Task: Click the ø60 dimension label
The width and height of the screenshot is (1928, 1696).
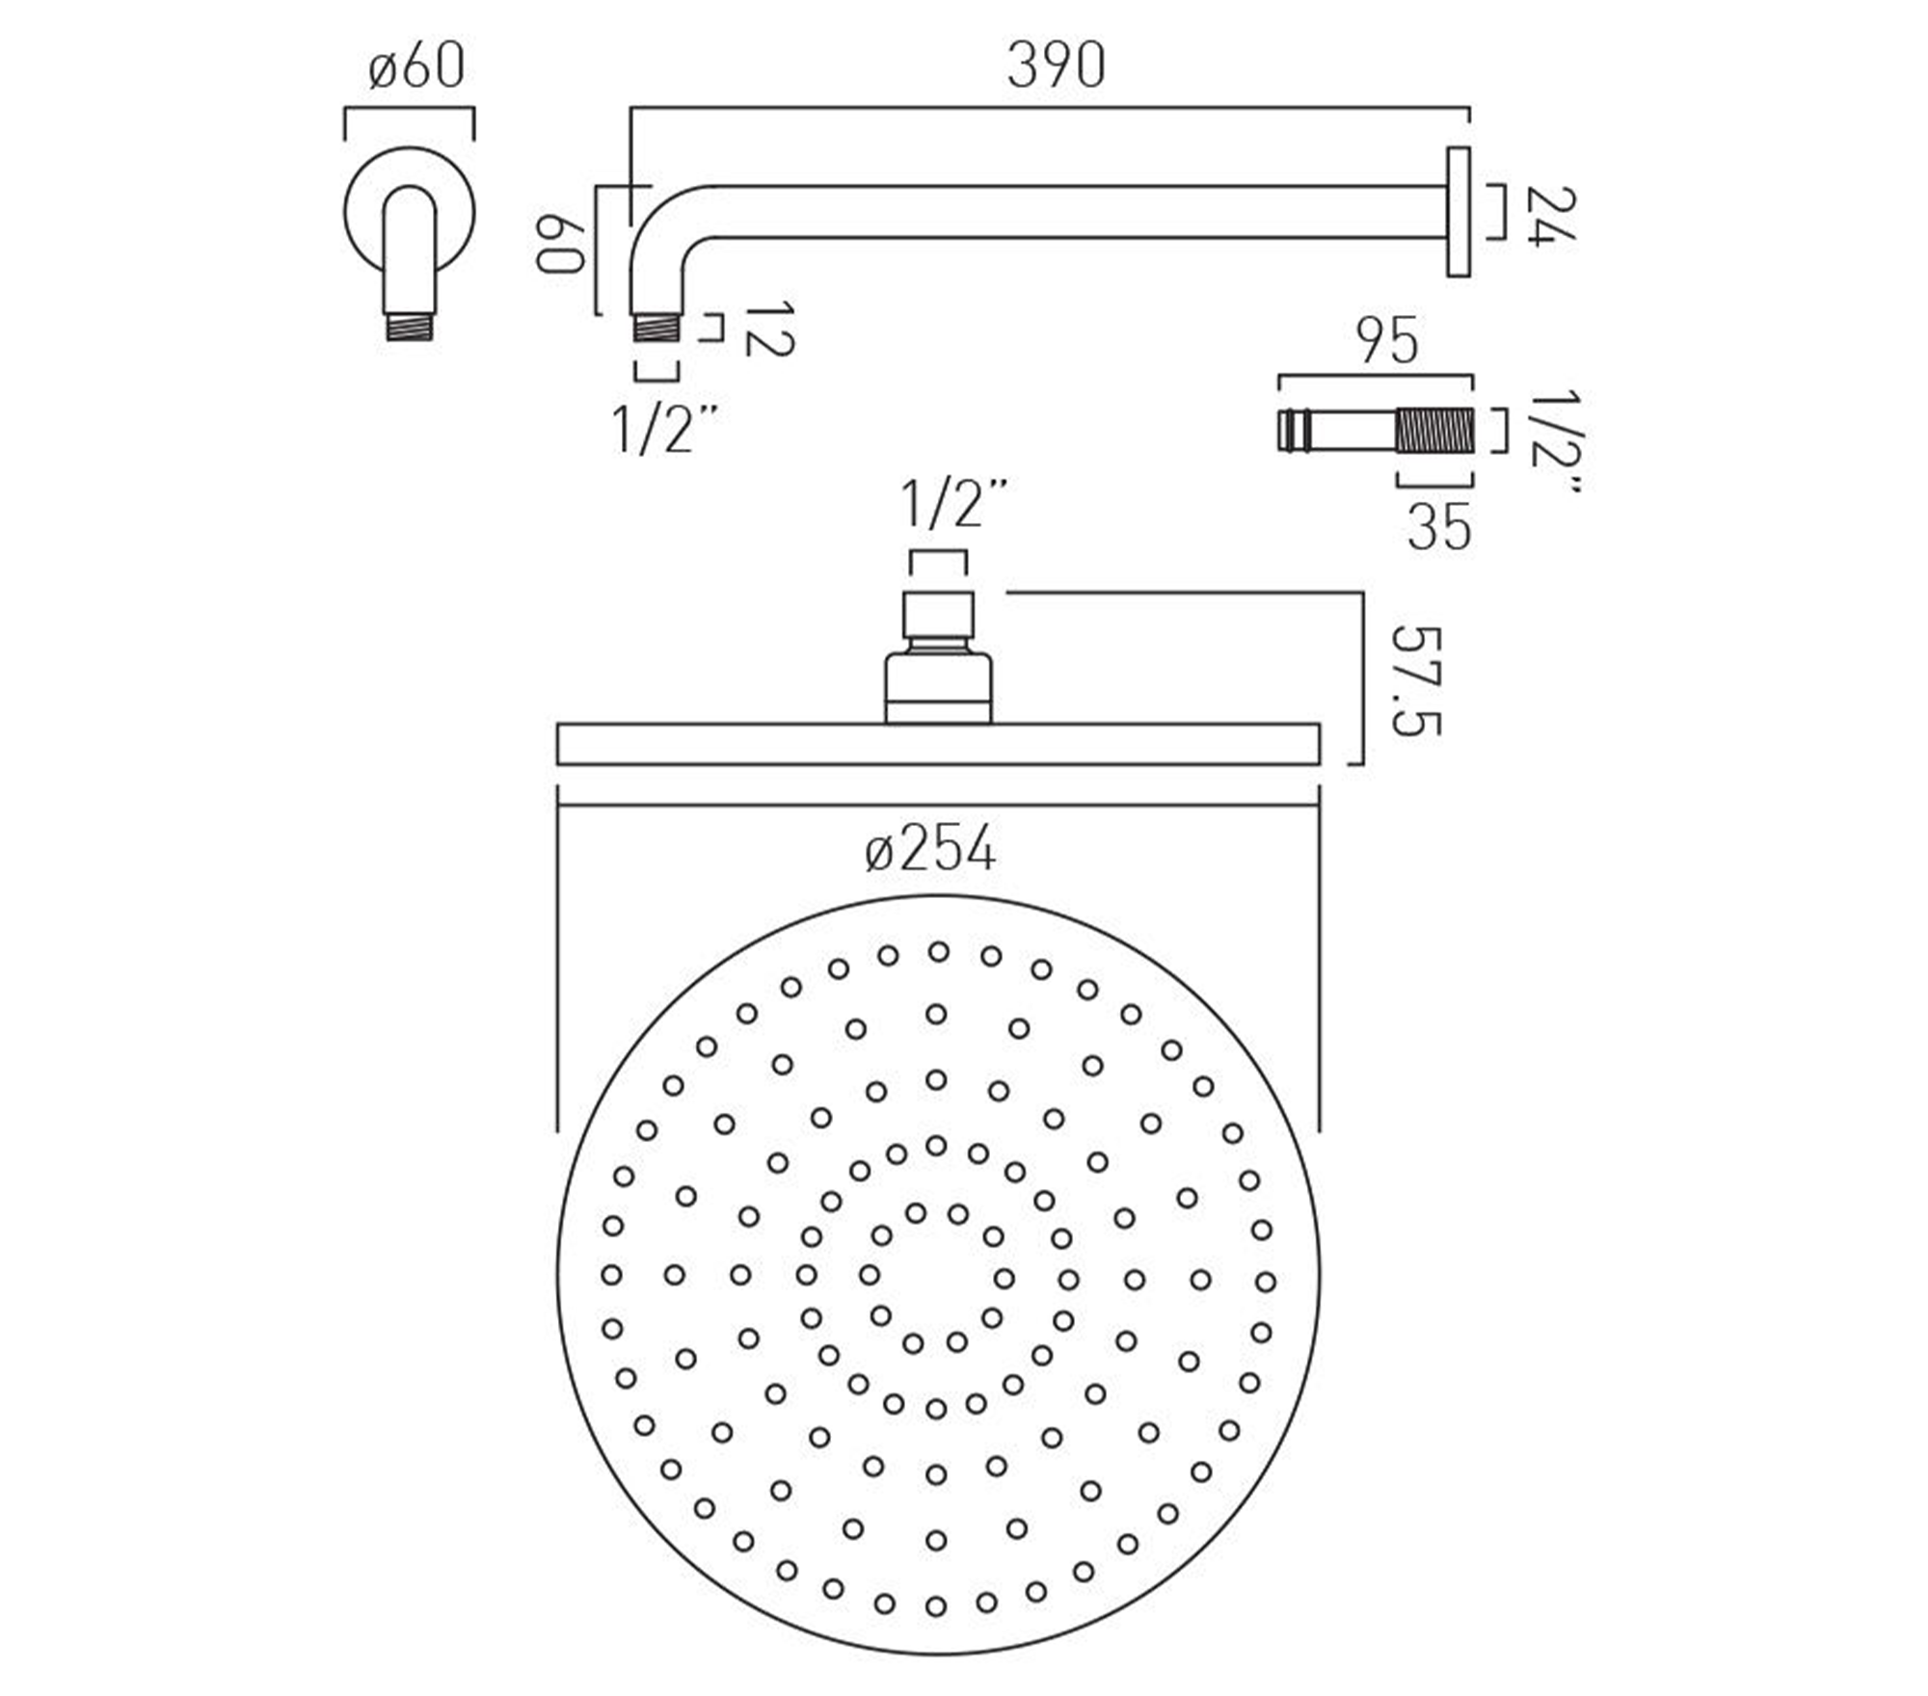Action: pos(416,67)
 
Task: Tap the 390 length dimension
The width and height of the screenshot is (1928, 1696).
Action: pos(1056,67)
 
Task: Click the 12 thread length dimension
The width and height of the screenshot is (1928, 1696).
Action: pos(769,330)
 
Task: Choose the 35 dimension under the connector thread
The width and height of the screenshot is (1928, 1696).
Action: pos(1438,527)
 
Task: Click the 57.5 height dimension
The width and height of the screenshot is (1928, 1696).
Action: pos(1417,681)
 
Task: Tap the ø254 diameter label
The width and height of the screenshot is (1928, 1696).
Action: pos(930,851)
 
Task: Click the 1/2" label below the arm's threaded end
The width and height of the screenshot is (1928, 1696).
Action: pos(665,430)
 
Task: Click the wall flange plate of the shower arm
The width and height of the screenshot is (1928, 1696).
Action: pos(1458,212)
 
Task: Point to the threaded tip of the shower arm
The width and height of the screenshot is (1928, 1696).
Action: pos(656,328)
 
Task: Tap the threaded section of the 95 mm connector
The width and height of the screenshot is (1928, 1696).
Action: pos(1434,430)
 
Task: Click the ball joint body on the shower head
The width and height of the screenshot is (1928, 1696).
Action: pos(938,686)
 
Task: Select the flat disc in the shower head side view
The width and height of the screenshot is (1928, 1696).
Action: pos(938,743)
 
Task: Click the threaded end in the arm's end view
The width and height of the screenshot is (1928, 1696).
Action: pos(410,326)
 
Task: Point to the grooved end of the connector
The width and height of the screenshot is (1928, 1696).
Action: pos(1292,430)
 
